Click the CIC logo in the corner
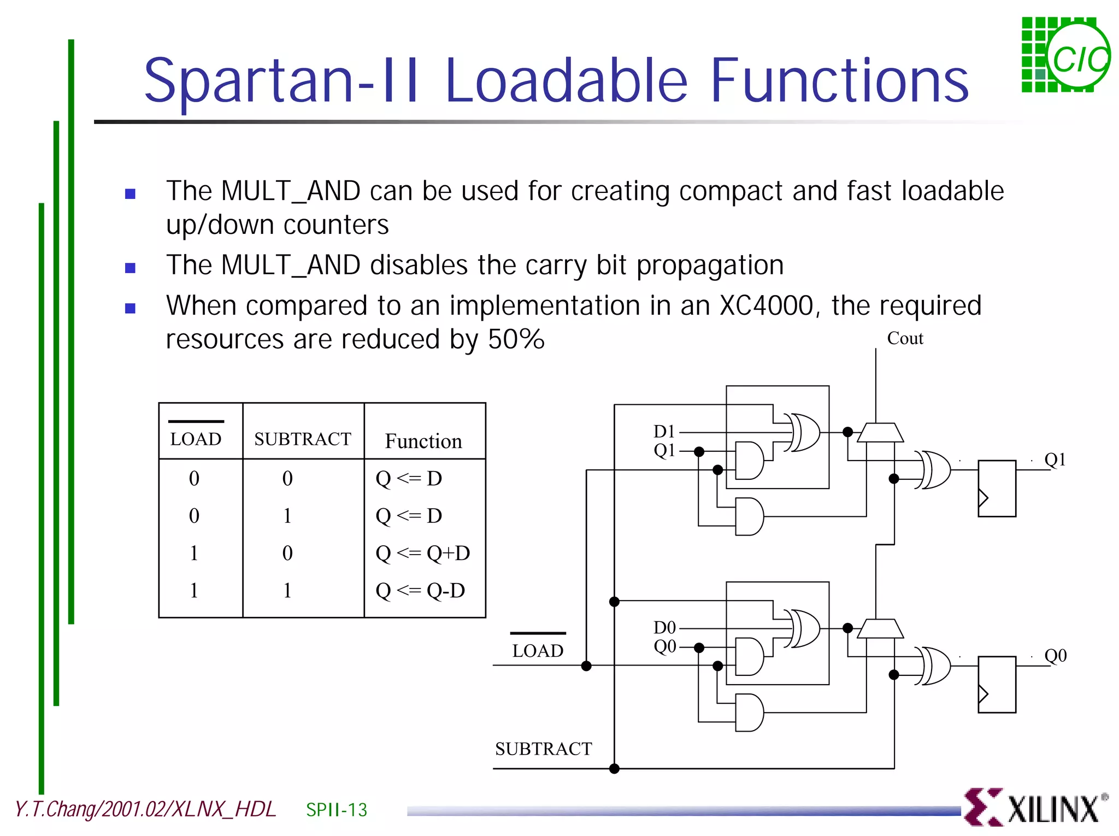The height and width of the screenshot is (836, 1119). click(1065, 55)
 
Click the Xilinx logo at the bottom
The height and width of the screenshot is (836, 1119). click(1035, 808)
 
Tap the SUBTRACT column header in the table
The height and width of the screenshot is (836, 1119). click(303, 439)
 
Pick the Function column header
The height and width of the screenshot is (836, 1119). click(423, 441)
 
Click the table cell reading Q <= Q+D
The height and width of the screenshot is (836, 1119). click(422, 553)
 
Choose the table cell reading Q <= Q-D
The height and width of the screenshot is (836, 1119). click(420, 590)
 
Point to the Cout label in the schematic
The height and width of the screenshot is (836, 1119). click(905, 338)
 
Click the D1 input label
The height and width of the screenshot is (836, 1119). click(664, 432)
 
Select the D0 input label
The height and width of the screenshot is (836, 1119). click(664, 627)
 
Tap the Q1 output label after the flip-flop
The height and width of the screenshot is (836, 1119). click(1055, 460)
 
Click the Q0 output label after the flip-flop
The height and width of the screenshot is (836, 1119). click(1055, 655)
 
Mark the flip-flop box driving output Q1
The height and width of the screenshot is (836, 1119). click(997, 488)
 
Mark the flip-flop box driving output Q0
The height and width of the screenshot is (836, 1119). click(997, 684)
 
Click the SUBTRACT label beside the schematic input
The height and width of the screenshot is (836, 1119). click(543, 749)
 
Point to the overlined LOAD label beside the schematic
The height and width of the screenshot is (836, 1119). click(538, 650)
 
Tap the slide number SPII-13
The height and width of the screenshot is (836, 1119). click(337, 810)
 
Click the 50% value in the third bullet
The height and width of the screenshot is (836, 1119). click(516, 339)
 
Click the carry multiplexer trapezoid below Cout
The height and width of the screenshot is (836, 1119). click(880, 432)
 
